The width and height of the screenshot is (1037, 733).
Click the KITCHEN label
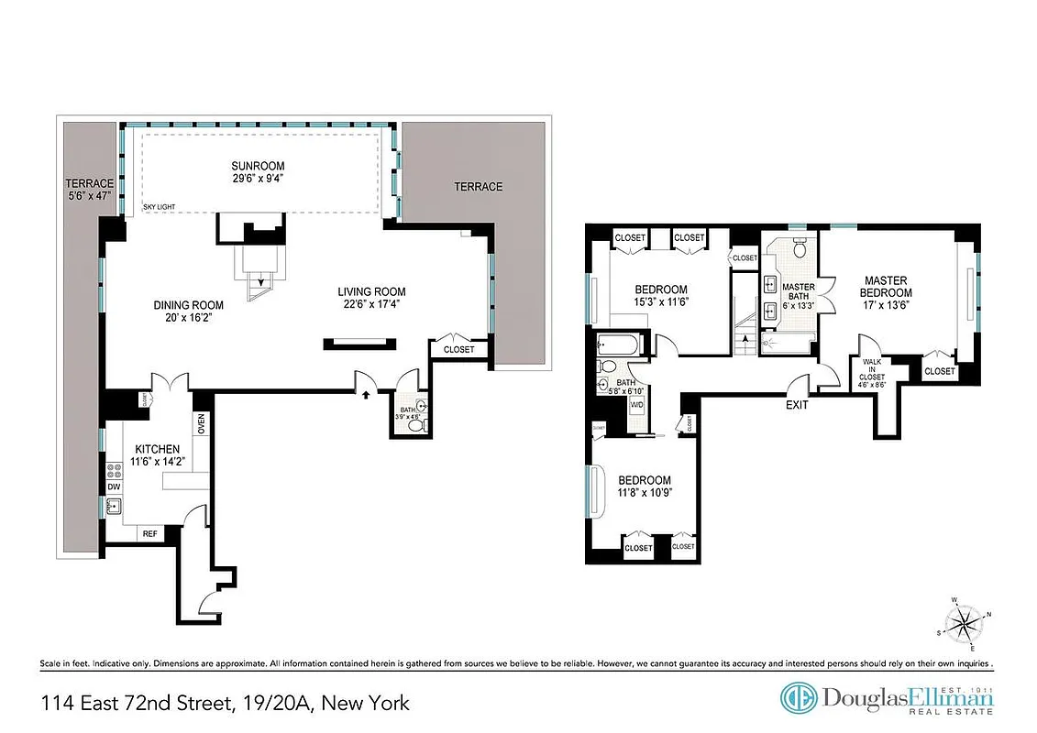coord(157,449)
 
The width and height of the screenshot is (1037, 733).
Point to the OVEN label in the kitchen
coord(200,425)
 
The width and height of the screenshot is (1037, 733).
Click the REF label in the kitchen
coord(149,533)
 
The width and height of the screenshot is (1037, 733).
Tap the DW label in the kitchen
coord(114,487)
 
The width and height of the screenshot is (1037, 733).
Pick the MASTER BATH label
coord(798,292)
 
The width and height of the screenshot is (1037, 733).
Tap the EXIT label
coord(797,405)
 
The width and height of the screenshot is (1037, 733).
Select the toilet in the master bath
coord(800,247)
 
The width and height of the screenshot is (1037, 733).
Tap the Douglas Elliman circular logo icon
coord(799,698)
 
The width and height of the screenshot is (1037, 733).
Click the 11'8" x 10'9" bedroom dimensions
coord(644,495)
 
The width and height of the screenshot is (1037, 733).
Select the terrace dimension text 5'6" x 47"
coord(83,195)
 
